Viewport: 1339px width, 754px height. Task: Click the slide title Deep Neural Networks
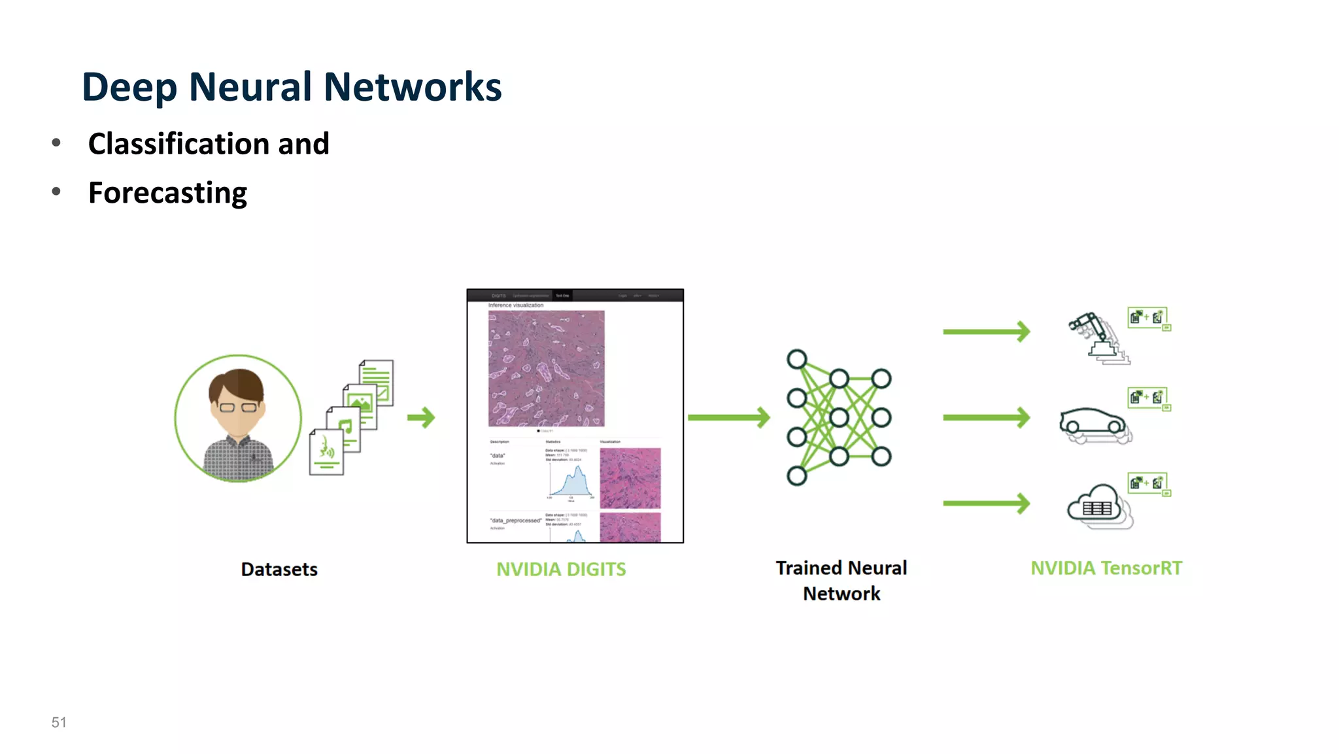coord(292,87)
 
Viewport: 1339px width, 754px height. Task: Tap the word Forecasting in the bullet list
coord(167,193)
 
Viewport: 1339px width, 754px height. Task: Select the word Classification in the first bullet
coord(179,144)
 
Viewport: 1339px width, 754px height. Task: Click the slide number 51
coord(59,722)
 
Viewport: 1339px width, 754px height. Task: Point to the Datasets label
coord(279,569)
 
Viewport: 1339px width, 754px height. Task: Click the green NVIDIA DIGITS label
coord(561,569)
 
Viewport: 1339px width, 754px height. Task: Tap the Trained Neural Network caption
coord(841,580)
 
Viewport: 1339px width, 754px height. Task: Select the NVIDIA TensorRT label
coord(1106,568)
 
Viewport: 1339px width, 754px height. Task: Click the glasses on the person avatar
coord(238,407)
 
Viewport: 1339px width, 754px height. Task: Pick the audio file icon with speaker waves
coord(326,452)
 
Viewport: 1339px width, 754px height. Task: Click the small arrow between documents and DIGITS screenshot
coord(421,417)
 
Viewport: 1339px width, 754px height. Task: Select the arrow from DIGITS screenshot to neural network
coord(728,417)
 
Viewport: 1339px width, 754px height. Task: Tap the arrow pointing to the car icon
coord(985,417)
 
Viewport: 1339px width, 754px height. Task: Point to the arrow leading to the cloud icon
coord(985,503)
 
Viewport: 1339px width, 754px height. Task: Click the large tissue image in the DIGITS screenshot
coord(546,368)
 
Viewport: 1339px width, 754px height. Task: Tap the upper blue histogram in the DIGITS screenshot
coord(571,483)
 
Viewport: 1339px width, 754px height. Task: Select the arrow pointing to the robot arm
coord(985,332)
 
